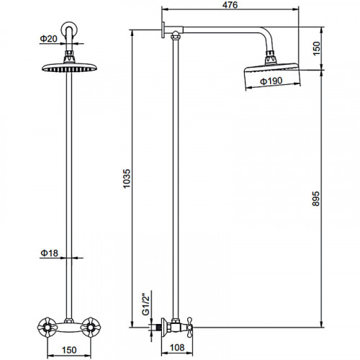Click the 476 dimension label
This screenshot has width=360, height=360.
point(230,5)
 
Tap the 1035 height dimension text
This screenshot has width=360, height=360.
point(127,179)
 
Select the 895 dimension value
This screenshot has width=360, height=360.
point(316,199)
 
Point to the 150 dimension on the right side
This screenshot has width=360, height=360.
point(317,48)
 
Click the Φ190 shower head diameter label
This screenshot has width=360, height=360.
point(271,81)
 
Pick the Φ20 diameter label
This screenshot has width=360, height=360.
point(49,39)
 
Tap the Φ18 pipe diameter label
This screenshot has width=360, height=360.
point(49,253)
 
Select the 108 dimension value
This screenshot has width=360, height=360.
point(177,347)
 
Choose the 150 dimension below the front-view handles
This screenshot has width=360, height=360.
point(69,350)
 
